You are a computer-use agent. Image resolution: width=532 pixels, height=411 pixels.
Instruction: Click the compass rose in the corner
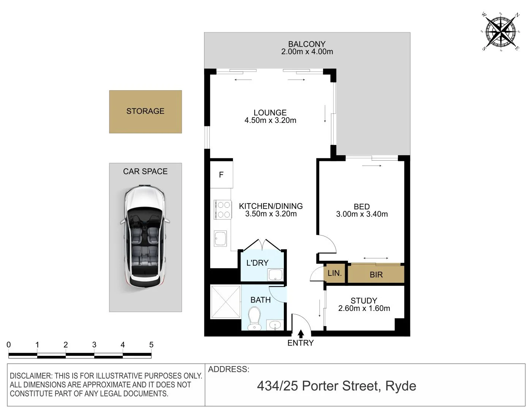[x=501, y=31]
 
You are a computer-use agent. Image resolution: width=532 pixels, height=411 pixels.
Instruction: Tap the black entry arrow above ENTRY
[x=301, y=334]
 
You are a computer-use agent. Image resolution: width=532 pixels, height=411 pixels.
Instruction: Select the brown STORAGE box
[x=146, y=112]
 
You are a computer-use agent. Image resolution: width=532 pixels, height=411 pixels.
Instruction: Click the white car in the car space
[x=145, y=236]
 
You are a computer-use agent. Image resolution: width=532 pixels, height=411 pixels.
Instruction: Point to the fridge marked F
[x=221, y=175]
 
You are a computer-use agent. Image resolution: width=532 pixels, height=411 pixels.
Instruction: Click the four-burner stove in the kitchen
[x=223, y=210]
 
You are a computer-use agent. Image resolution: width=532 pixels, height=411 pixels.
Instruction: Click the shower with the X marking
[x=225, y=302]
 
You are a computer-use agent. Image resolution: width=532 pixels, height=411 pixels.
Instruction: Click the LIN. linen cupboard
[x=335, y=273]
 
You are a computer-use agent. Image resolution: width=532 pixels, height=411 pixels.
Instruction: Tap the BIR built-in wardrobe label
[x=376, y=275]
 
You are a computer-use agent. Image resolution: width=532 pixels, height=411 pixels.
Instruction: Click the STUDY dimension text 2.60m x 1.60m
[x=364, y=309]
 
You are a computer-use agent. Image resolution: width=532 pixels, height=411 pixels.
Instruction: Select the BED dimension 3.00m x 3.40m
[x=362, y=214]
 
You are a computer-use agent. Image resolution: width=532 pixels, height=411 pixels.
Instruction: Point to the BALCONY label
[x=307, y=44]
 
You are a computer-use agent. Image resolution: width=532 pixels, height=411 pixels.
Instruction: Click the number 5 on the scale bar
[x=151, y=345]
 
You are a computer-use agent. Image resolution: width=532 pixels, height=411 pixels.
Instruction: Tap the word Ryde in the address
[x=401, y=386]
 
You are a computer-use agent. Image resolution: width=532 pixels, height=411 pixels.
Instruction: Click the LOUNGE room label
[x=270, y=113]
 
